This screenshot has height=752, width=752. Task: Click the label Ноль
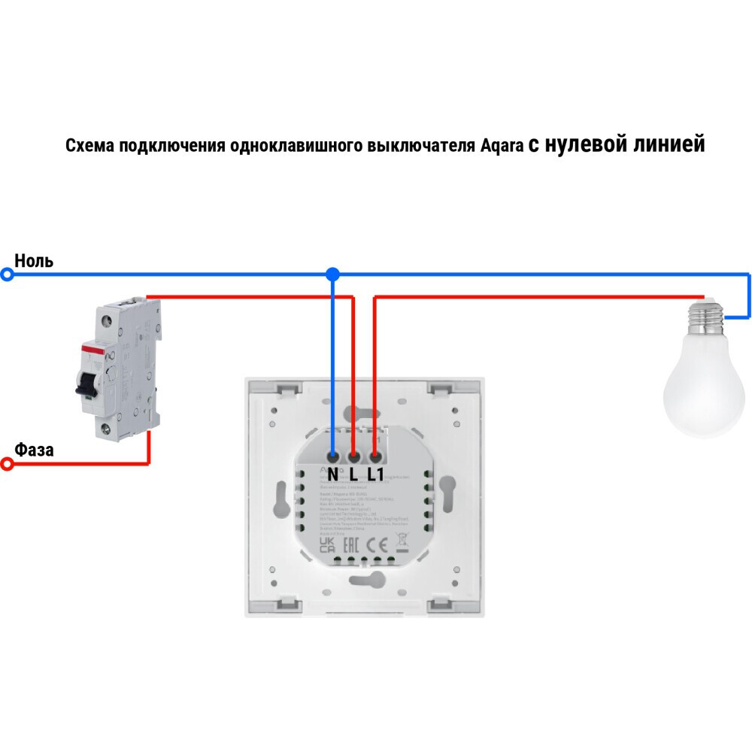click(x=34, y=261)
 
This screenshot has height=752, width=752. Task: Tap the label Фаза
click(x=35, y=450)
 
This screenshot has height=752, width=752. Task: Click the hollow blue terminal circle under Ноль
click(x=8, y=275)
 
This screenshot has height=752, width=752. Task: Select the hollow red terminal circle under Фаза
click(x=8, y=465)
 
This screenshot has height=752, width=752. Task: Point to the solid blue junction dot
click(x=332, y=275)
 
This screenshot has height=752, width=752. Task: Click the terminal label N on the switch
click(x=333, y=475)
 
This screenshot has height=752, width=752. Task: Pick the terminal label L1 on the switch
click(x=375, y=475)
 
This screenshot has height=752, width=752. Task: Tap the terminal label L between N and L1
click(x=353, y=475)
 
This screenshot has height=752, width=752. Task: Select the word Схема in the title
click(x=86, y=146)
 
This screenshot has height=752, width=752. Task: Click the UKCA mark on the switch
click(x=328, y=544)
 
